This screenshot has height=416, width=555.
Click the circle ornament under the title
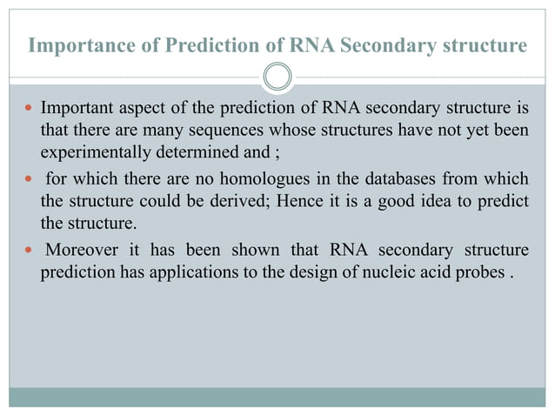pos(277,77)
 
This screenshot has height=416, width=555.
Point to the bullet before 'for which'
pos(30,182)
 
